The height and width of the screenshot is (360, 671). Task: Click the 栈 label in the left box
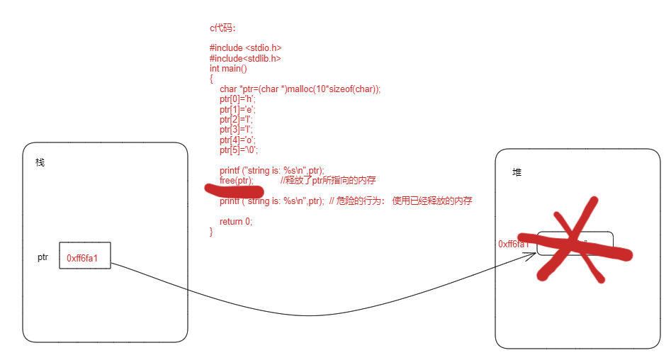coord(40,162)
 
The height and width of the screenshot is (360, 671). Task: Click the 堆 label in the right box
coord(517,172)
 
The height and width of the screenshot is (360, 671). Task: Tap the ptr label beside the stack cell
coord(43,257)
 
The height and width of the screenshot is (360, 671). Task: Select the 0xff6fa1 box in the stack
coord(84,258)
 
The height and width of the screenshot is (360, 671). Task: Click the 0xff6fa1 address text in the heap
coord(514,244)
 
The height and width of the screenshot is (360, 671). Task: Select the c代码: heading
coord(227,28)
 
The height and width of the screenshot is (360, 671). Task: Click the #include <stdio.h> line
coord(251,48)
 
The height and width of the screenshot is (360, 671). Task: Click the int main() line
coord(228,69)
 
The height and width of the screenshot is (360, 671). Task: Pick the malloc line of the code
coord(300,89)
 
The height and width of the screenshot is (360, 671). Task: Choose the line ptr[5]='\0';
coord(239,150)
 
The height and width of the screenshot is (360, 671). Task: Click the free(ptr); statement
coord(237,181)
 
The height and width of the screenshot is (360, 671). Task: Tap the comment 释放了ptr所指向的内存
coord(327,181)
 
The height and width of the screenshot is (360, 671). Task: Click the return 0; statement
coord(236,221)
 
